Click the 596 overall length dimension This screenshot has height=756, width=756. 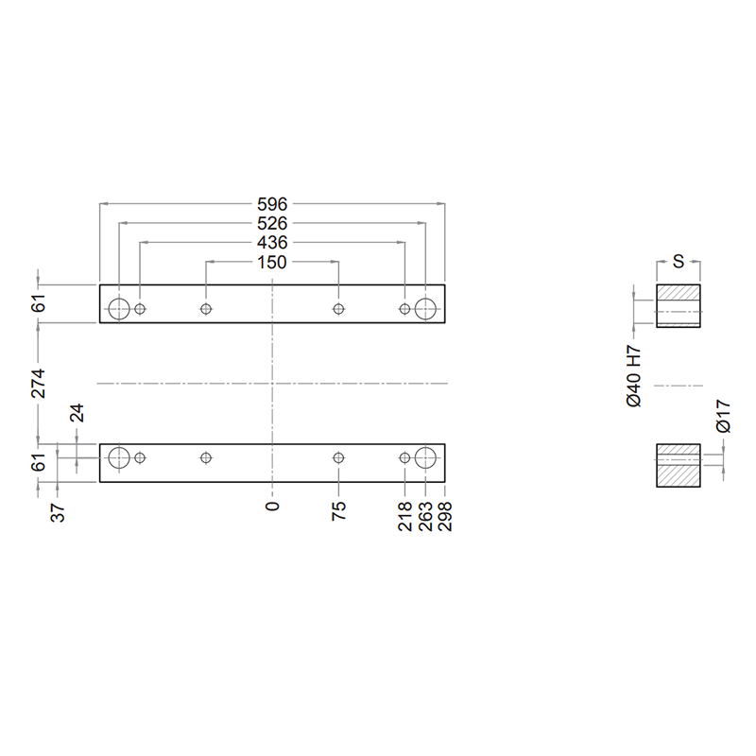[x=272, y=204]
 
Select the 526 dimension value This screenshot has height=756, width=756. [x=272, y=223]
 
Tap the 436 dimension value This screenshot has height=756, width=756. [x=272, y=243]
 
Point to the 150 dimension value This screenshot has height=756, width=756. [x=272, y=263]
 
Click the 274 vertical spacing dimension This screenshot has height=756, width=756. [x=38, y=384]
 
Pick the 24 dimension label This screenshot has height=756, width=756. [x=77, y=413]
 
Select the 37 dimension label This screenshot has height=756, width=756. [x=58, y=513]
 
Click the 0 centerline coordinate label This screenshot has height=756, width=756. [x=272, y=506]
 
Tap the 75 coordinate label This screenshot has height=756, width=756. [x=339, y=510]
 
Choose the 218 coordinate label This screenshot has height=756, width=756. [x=405, y=516]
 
